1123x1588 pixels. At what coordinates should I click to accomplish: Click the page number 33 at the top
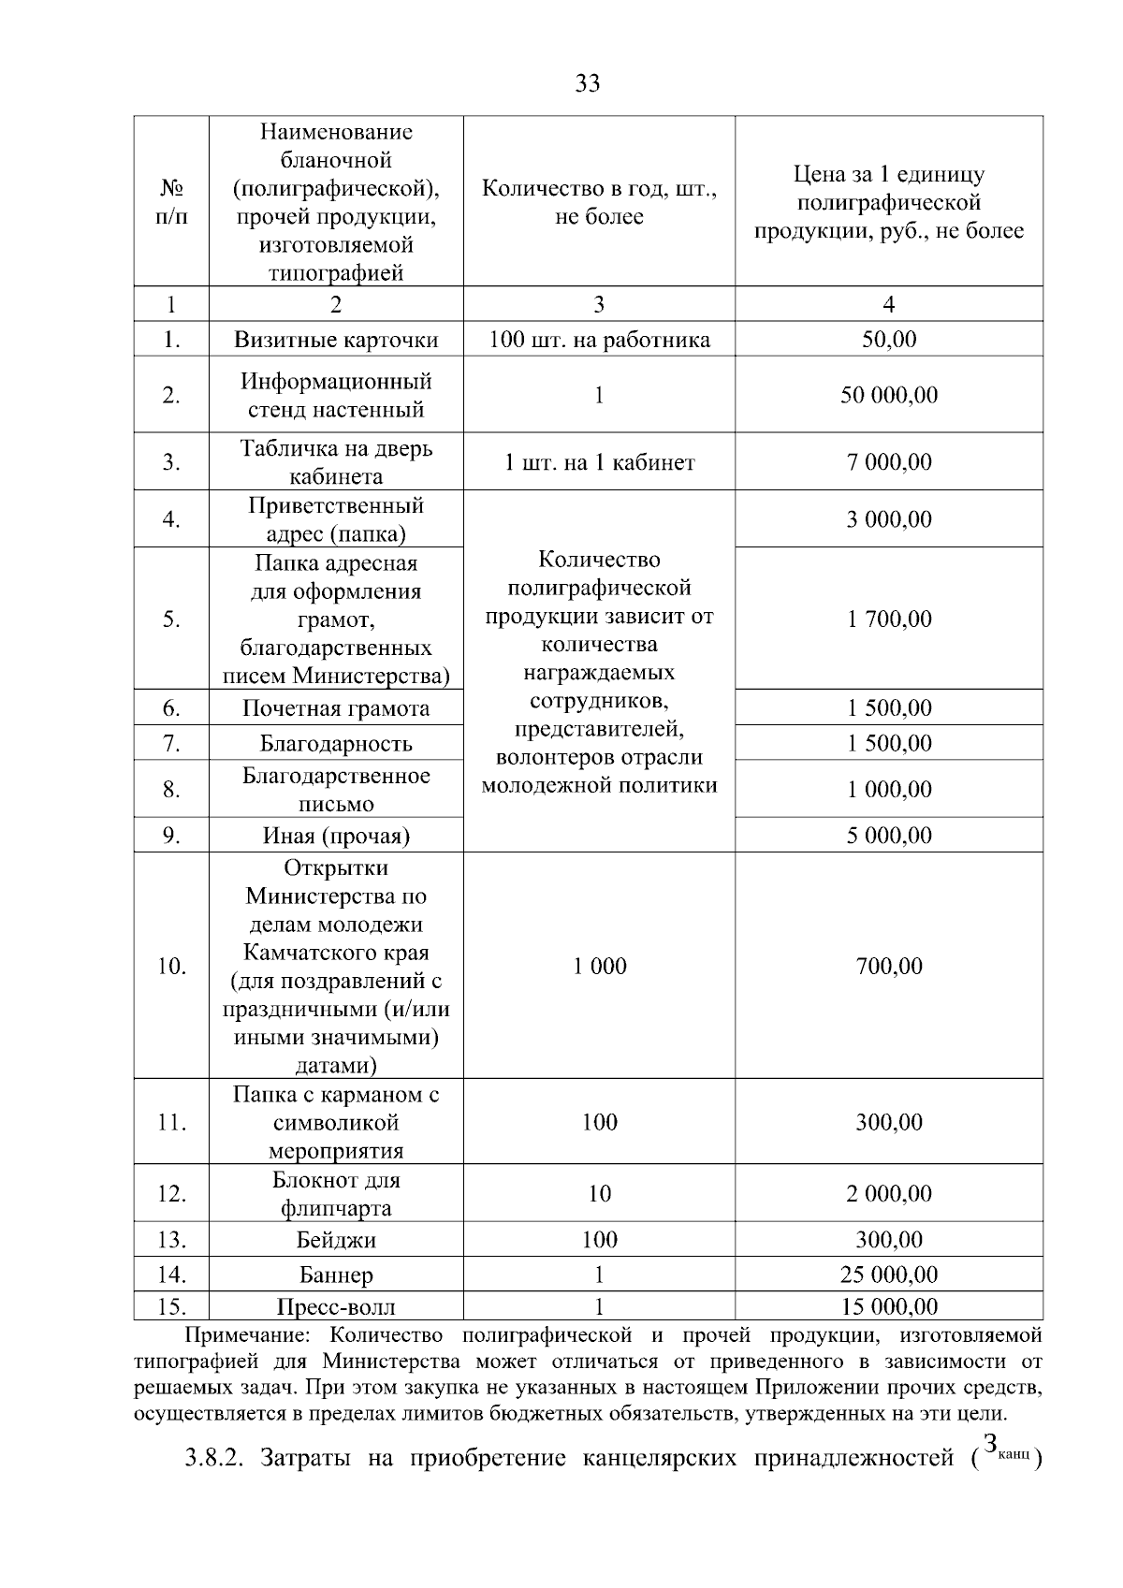point(587,84)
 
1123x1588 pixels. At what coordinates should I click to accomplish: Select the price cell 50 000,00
point(888,395)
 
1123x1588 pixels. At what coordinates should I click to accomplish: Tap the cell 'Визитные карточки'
point(336,340)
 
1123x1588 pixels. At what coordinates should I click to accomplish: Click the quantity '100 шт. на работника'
point(599,340)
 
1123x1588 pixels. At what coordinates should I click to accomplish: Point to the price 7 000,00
point(888,462)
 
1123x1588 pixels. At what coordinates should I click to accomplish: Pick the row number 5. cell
point(171,619)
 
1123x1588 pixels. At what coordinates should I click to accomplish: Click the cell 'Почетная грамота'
point(336,708)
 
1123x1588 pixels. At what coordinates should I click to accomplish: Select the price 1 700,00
point(888,619)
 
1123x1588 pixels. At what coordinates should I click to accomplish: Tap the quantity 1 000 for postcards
point(599,967)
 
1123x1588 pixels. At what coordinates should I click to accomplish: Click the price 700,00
point(888,967)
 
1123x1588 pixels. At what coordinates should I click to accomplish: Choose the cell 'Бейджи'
point(336,1241)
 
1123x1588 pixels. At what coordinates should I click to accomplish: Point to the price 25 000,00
point(888,1275)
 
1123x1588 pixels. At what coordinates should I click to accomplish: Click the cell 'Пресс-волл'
point(336,1307)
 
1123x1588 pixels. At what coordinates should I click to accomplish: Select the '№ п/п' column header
point(171,202)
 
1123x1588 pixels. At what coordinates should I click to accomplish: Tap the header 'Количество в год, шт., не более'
point(599,202)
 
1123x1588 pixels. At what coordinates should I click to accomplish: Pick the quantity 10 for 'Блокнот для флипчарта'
point(599,1194)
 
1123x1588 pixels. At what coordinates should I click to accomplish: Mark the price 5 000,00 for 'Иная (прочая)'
point(888,836)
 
